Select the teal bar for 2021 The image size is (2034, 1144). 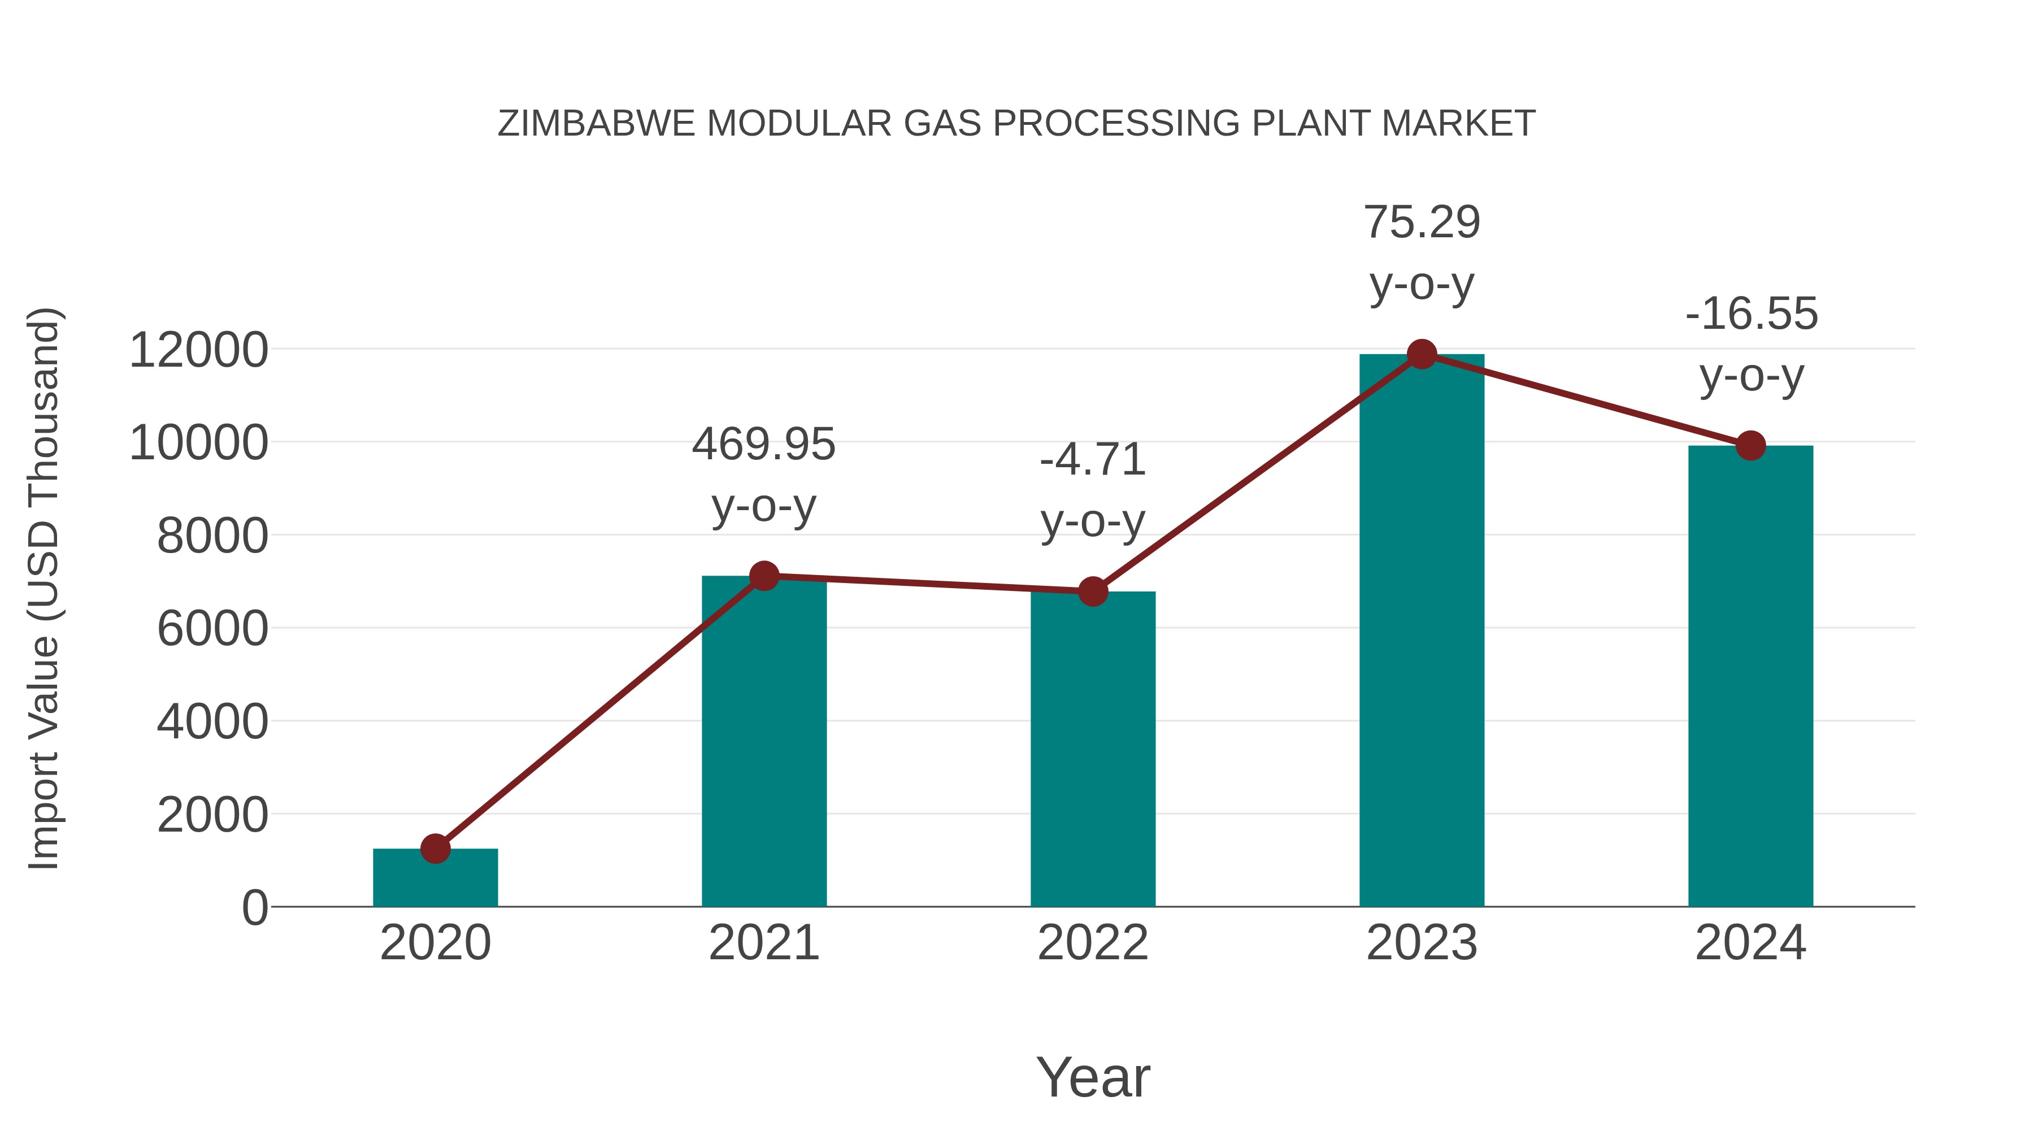[x=763, y=742]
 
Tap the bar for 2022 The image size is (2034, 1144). [x=1093, y=750]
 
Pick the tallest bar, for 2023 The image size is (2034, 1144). [x=1422, y=632]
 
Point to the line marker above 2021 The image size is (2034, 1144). [x=763, y=576]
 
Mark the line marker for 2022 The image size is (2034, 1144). [x=1093, y=591]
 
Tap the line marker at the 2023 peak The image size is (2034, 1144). [x=1422, y=354]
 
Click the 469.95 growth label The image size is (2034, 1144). [x=763, y=445]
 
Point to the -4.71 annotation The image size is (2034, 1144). [x=1093, y=460]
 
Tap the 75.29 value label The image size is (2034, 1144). [x=1422, y=223]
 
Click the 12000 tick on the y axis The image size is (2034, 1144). [x=198, y=350]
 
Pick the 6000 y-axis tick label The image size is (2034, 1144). [x=212, y=629]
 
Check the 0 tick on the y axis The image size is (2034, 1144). [x=255, y=908]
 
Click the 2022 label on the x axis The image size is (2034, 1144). [x=1093, y=943]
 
